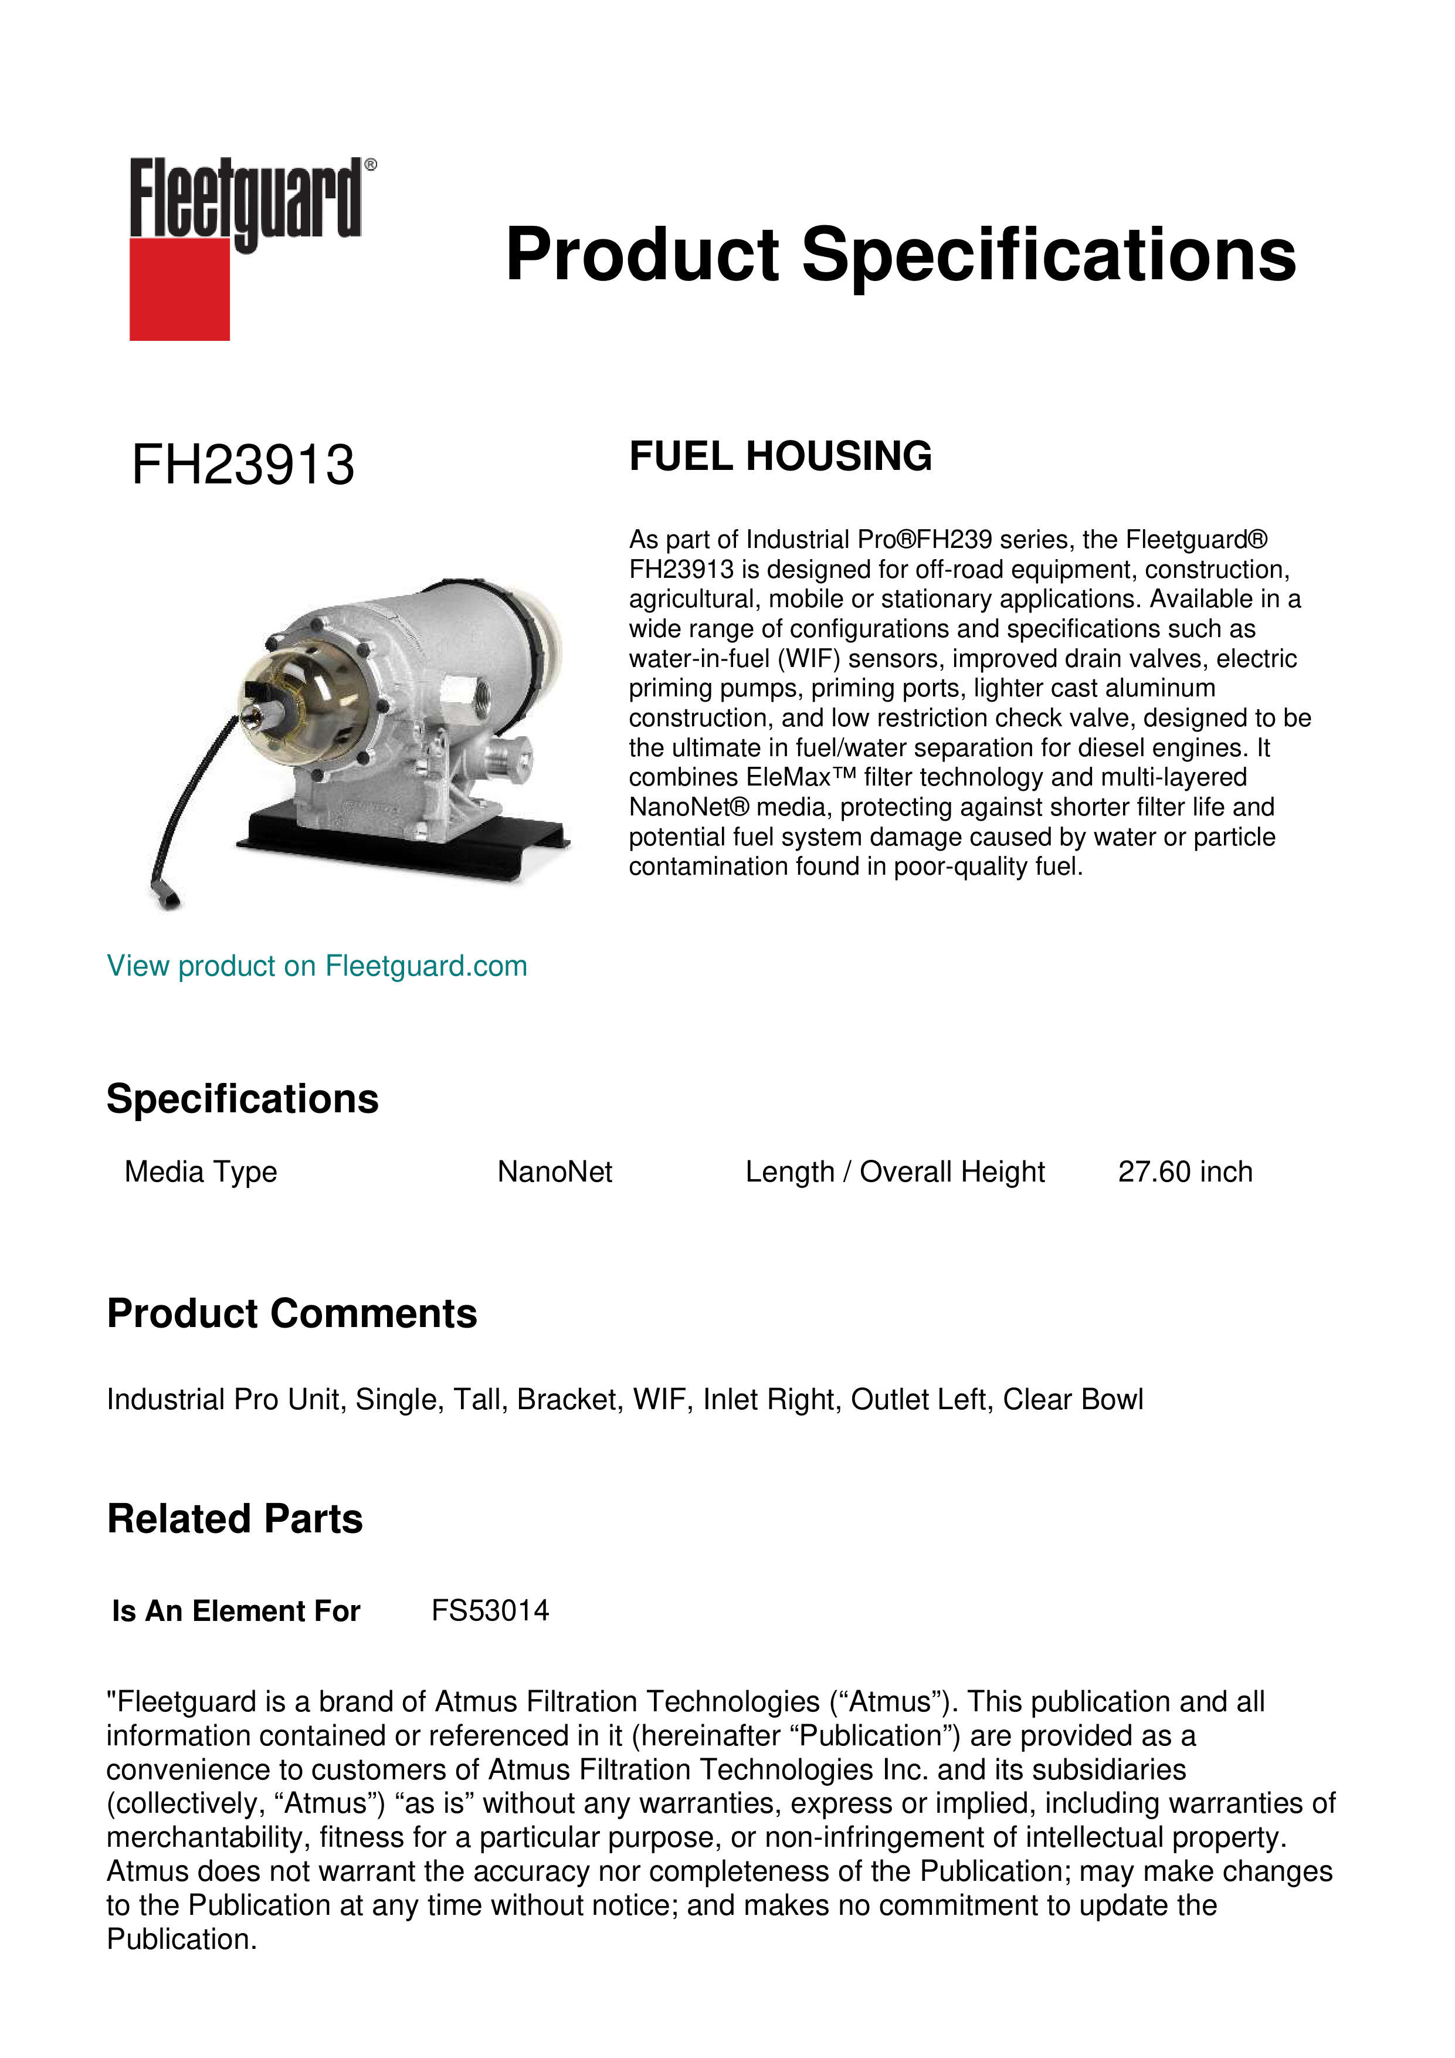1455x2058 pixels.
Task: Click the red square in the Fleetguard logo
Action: [x=179, y=289]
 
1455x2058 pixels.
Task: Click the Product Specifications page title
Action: [x=900, y=255]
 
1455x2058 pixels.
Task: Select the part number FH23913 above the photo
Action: [x=243, y=465]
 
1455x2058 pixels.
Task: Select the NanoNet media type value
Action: [x=555, y=1172]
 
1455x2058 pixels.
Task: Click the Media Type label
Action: [x=201, y=1172]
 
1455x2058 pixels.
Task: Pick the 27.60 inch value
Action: [x=1185, y=1172]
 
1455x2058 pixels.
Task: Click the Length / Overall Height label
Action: [x=894, y=1172]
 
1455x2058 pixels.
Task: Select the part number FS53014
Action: [x=490, y=1611]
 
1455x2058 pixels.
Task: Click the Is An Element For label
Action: [x=236, y=1611]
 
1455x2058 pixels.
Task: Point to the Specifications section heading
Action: [x=242, y=1099]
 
